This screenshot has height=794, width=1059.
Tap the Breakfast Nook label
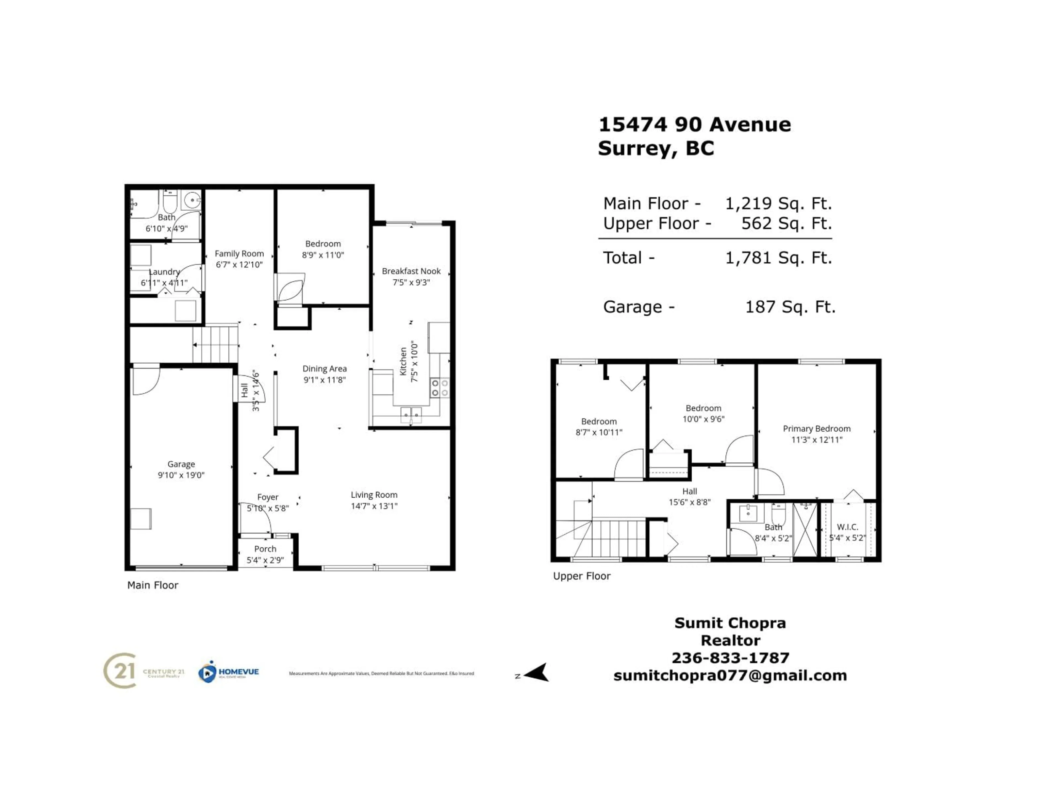(411, 271)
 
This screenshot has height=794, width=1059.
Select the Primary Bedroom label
(816, 428)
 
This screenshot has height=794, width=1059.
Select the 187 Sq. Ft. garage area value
(790, 307)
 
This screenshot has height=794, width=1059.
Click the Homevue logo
(229, 672)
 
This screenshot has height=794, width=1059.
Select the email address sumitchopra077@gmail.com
(730, 675)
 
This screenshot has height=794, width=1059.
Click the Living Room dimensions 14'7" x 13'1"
(374, 506)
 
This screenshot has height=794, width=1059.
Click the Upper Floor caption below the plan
(582, 576)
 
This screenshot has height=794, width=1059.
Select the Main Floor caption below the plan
(153, 585)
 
